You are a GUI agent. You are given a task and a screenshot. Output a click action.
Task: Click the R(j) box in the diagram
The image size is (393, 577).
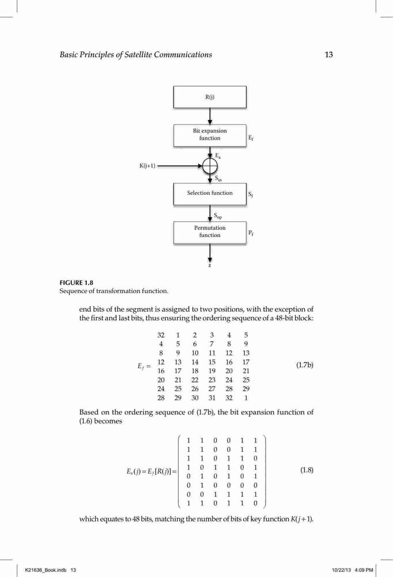coord(210,97)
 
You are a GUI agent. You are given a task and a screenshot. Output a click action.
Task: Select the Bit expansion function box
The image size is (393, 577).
coord(210,136)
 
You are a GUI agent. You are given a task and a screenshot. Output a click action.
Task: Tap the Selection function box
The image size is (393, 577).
coord(210,193)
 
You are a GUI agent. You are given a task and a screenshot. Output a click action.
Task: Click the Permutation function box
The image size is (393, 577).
coord(210,232)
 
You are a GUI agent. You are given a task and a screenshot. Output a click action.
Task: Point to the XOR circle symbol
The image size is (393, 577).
coord(210,166)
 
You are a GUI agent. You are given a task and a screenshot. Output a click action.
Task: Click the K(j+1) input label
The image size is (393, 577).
coord(147,166)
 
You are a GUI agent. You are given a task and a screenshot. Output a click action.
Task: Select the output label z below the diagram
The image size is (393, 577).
coord(210,265)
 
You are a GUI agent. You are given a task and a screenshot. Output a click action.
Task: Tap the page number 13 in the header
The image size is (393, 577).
coord(328,55)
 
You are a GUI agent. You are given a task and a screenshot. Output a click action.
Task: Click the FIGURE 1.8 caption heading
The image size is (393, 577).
coord(77,283)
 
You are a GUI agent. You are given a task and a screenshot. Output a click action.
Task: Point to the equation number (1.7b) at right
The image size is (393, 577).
coord(305,365)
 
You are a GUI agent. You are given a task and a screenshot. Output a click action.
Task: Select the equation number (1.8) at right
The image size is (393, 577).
coord(307,470)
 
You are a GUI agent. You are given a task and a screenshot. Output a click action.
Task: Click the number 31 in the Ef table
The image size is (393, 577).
coord(211,398)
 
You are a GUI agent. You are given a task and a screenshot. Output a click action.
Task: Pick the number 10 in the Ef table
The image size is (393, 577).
coord(195,353)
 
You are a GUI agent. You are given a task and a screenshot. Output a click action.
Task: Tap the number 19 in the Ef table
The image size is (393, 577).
coord(211,371)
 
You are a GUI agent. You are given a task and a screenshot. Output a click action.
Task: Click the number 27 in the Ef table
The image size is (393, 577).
coord(211,389)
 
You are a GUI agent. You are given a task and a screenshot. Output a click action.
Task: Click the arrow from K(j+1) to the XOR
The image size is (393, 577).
coord(180,166)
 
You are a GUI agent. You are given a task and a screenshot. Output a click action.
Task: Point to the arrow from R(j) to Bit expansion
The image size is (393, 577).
coord(210,117)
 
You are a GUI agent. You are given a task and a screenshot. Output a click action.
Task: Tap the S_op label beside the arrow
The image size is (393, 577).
coord(218,216)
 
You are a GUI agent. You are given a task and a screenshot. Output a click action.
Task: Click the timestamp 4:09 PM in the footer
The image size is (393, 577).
coord(364,570)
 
